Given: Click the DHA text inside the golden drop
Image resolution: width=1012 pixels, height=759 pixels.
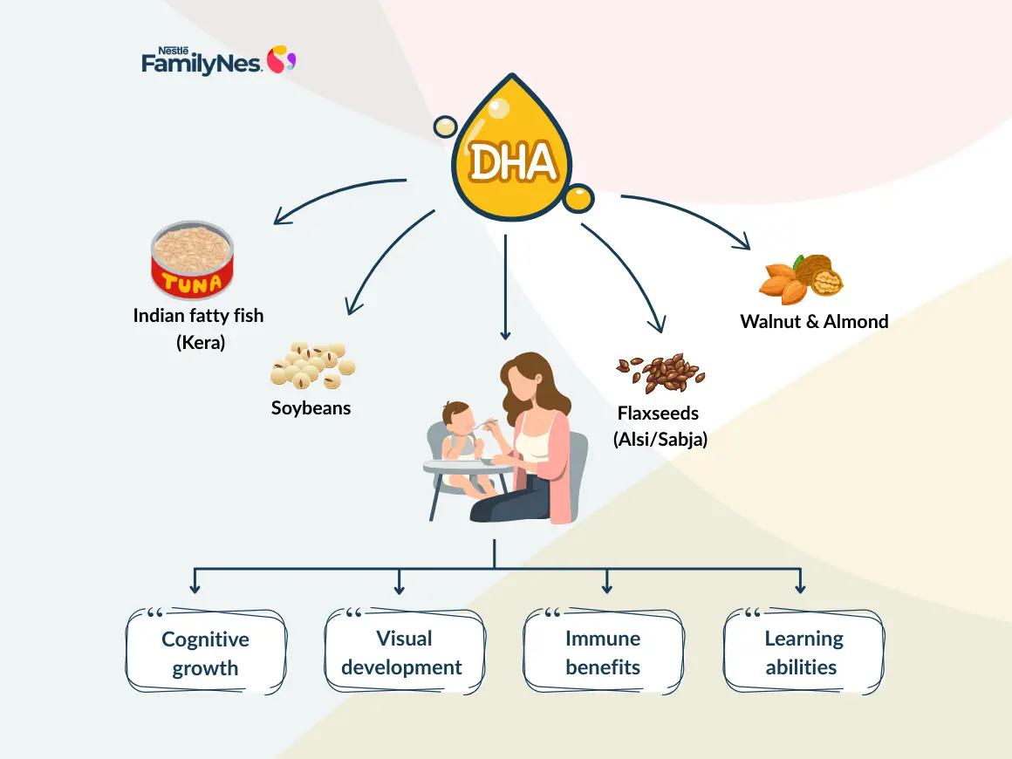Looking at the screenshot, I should click(511, 161).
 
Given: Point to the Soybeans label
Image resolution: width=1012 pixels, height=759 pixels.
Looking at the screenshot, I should click(311, 407).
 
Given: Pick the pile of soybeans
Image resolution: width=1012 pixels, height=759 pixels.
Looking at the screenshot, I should click(311, 364).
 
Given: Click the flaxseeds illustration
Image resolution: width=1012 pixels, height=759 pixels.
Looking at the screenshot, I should click(660, 373).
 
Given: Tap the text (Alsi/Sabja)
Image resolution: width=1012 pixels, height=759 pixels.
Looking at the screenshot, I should click(660, 439).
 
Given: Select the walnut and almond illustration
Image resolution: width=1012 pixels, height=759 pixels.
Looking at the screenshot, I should click(802, 277).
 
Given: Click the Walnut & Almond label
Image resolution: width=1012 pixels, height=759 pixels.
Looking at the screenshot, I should click(814, 321).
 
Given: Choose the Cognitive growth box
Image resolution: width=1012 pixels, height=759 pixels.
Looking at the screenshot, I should click(206, 653).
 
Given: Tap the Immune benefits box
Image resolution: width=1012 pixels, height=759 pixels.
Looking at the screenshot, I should click(603, 653).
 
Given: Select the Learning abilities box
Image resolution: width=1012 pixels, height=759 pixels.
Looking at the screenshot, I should click(803, 653).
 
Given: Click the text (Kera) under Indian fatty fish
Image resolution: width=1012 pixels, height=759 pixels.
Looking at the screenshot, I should click(200, 342).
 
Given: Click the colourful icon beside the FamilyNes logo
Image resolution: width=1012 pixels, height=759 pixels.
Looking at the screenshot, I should click(281, 59).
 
